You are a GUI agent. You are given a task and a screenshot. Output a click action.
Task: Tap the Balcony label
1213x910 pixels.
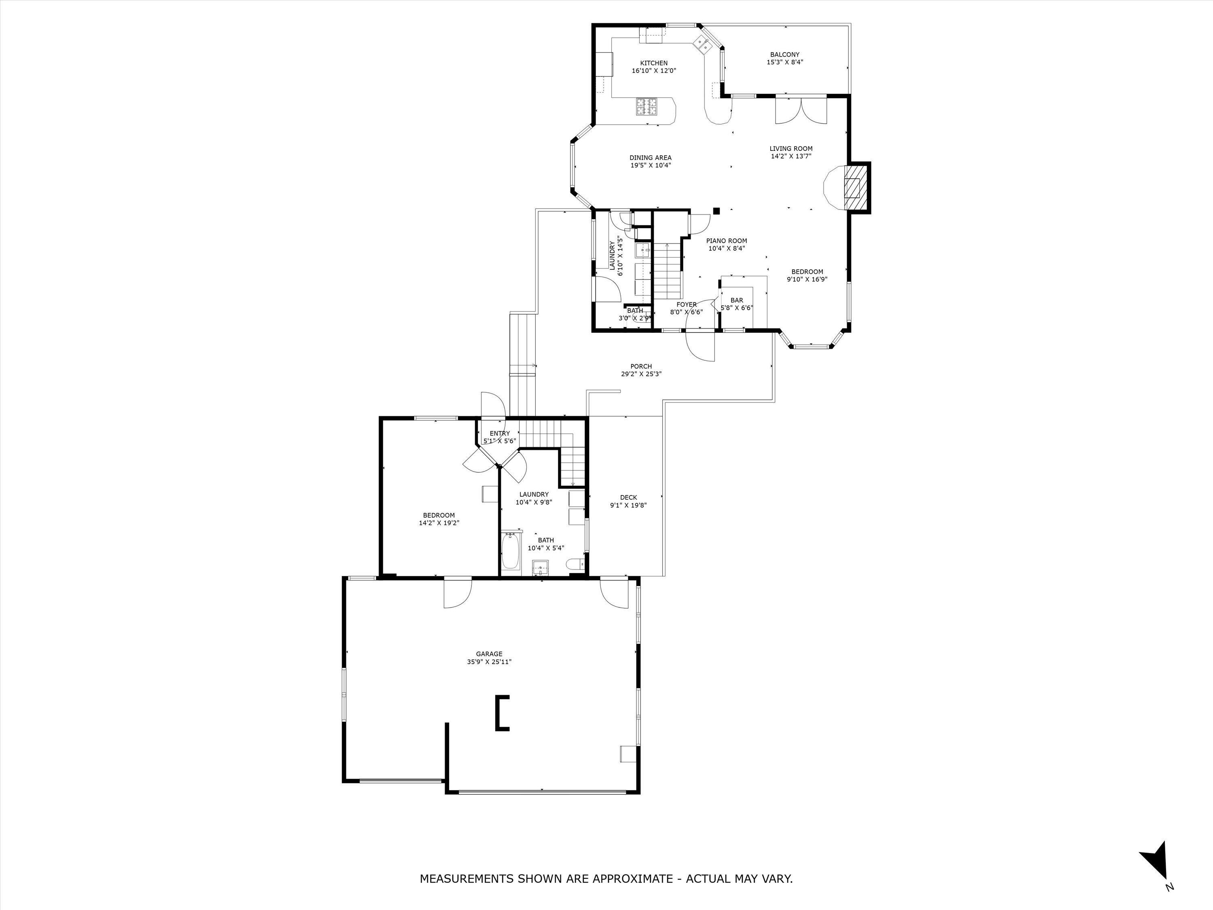[x=785, y=54]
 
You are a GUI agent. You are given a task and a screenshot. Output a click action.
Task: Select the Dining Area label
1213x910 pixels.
[x=650, y=158]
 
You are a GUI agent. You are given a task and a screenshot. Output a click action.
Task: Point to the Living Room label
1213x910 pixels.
[x=791, y=149]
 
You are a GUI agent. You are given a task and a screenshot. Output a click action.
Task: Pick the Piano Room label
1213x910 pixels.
[x=726, y=241]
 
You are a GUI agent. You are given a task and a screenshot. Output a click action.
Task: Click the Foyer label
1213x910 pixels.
[x=686, y=305]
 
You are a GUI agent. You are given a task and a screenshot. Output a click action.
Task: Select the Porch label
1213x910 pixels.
[x=641, y=366]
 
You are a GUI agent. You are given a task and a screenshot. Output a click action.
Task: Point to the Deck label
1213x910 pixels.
[x=628, y=497]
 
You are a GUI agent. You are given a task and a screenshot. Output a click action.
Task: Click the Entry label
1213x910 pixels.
[x=500, y=433]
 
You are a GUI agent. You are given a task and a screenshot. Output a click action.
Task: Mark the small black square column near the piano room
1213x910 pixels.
[x=716, y=210]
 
